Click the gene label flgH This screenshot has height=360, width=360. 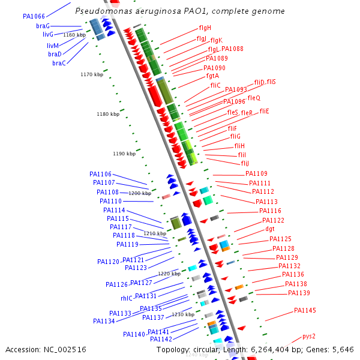[x=205, y=28]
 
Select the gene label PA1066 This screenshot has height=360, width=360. [x=34, y=16]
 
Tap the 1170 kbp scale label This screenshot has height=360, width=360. [x=92, y=74]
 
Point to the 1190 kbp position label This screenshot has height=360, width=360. [x=124, y=154]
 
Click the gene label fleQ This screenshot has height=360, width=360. [x=254, y=98]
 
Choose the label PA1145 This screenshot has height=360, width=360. [x=305, y=310]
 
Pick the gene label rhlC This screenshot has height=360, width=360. [x=127, y=298]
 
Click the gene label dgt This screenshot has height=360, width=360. [x=270, y=229]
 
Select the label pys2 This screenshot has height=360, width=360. [x=309, y=336]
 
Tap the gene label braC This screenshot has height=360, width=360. [x=59, y=63]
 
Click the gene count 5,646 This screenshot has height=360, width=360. [x=343, y=349]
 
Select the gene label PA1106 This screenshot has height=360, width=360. [x=101, y=174]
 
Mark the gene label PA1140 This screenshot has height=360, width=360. [x=134, y=334]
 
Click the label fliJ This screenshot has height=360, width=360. [x=245, y=163]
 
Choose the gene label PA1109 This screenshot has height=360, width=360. [x=257, y=173]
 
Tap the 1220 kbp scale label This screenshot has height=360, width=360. [x=169, y=274]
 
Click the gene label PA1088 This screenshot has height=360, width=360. [x=232, y=49]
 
